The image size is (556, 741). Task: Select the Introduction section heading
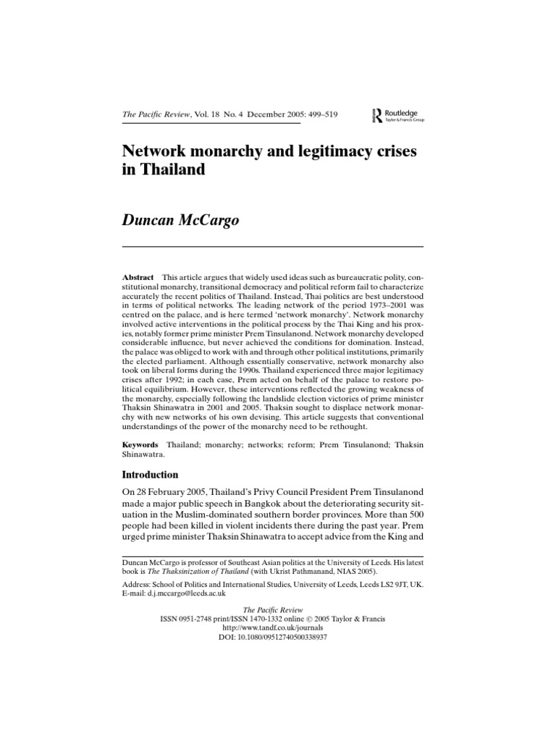[x=159, y=475]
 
